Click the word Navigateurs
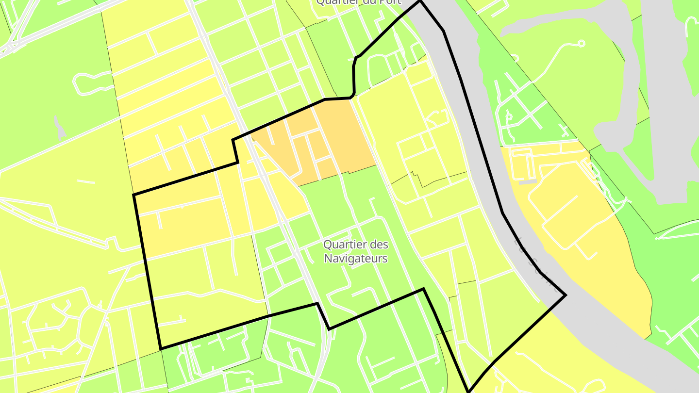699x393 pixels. [356, 259]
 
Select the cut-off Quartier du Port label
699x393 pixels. [359, 2]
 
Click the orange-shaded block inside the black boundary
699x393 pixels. [335, 136]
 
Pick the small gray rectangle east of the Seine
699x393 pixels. [527, 182]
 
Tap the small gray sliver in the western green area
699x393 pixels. [60, 129]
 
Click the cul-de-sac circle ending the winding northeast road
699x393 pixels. [581, 44]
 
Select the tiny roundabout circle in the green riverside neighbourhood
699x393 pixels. [509, 116]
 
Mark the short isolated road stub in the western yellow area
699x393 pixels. [86, 182]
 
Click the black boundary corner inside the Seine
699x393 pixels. [566, 295]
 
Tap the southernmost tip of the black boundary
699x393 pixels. [469, 391]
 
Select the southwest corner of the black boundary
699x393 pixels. [161, 348]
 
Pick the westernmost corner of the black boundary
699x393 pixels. [134, 195]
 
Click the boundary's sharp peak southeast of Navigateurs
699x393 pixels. [423, 289]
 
